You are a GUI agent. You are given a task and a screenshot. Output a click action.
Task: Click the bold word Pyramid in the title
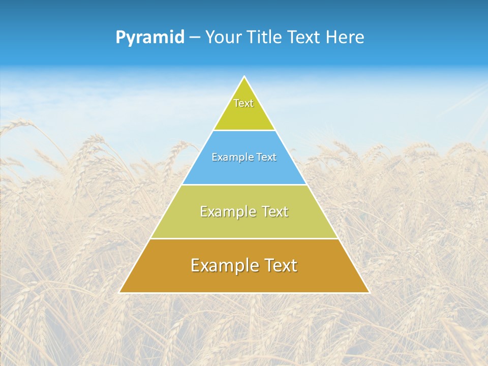coord(150,38)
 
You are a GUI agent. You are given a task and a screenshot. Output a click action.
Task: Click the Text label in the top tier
coord(243,103)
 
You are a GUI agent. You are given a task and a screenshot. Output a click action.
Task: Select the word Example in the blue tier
coord(229,158)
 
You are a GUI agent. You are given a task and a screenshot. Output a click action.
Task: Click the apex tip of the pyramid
coord(245,77)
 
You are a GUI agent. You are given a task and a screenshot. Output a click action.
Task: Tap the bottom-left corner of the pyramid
coord(120,292)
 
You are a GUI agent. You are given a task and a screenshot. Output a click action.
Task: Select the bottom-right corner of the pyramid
coord(369,292)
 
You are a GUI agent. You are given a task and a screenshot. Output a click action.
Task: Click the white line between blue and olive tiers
coord(245,185)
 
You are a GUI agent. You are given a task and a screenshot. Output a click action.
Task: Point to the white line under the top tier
coord(245,130)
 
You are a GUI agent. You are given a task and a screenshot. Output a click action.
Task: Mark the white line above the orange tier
coord(245,238)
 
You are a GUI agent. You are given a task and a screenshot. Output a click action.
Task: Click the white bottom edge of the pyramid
coord(245,293)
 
